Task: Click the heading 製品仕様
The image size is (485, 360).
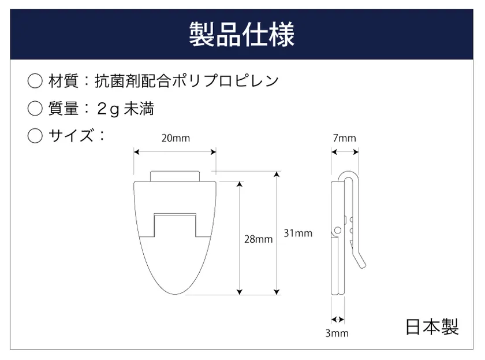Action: (241, 34)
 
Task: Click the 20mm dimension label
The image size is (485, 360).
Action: (176, 138)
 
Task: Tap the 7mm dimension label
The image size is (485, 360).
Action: (345, 138)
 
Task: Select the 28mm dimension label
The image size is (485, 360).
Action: (258, 239)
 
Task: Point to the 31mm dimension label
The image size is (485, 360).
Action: (298, 233)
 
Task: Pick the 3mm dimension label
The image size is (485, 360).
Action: (337, 333)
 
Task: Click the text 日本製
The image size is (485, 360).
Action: (432, 327)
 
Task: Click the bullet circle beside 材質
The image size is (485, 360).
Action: (35, 81)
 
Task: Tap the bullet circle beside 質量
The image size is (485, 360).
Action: (35, 108)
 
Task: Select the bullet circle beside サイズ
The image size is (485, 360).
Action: (35, 136)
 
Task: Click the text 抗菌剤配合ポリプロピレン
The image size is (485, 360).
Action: (186, 81)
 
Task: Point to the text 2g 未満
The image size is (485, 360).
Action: (125, 109)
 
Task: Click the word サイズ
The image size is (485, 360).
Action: (71, 136)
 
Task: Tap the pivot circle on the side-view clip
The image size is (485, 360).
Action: (338, 231)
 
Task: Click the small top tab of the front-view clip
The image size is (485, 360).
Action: (175, 176)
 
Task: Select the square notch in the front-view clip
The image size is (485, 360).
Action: (175, 225)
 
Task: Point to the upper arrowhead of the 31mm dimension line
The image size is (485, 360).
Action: (277, 175)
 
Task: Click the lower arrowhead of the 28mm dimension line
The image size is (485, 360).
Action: (240, 292)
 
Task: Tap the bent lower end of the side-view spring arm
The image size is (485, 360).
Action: (360, 262)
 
